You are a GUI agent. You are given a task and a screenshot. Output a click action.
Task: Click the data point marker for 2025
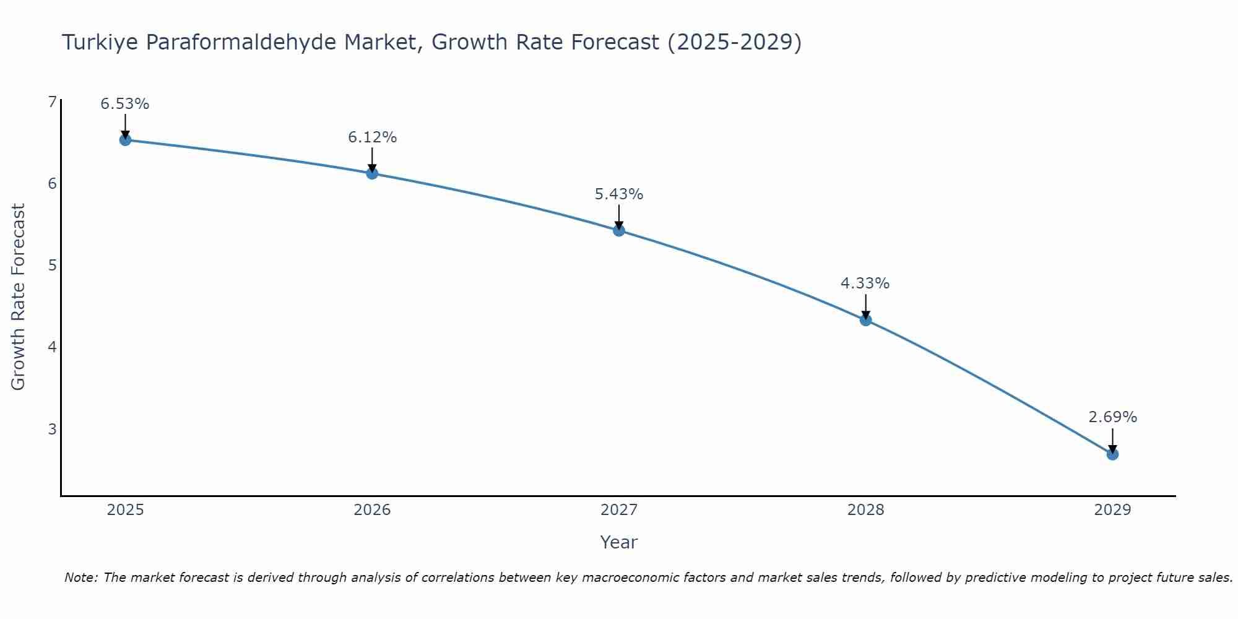tap(125, 140)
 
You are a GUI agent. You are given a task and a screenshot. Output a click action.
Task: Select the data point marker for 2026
tap(372, 173)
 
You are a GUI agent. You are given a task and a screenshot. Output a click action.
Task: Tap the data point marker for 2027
tap(619, 230)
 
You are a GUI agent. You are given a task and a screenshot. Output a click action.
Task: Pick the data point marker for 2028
tap(865, 320)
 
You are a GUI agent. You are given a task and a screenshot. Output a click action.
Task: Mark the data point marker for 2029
tap(1112, 454)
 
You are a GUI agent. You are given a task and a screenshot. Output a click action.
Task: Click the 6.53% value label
tap(125, 104)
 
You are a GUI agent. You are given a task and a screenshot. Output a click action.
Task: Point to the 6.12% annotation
tap(372, 137)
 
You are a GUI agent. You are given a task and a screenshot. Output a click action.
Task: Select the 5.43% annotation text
tap(619, 194)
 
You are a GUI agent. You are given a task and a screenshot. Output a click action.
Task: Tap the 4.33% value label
tap(865, 284)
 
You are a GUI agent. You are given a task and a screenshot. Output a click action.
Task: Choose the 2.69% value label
tap(1112, 417)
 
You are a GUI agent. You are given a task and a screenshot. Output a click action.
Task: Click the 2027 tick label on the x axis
tap(619, 510)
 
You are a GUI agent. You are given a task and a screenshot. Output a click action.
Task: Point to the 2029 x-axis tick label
tap(1112, 510)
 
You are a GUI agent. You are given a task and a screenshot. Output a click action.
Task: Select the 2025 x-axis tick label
tap(125, 510)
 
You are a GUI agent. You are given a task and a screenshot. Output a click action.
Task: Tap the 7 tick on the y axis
tap(52, 102)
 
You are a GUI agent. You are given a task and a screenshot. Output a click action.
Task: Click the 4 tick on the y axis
tap(52, 347)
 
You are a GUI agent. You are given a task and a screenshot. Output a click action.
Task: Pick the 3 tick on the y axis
tap(52, 429)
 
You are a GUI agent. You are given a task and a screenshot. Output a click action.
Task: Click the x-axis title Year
tap(619, 542)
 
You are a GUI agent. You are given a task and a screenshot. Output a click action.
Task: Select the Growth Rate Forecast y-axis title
tap(19, 297)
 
